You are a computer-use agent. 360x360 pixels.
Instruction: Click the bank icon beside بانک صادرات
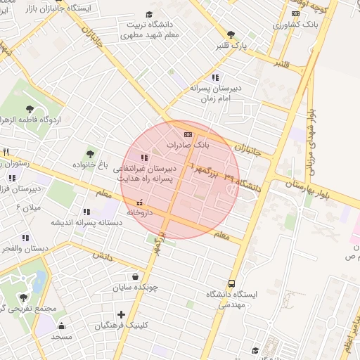(x=187, y=134)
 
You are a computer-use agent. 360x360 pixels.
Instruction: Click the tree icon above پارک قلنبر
(x=231, y=34)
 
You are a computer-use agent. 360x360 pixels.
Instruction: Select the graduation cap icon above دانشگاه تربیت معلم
(x=149, y=14)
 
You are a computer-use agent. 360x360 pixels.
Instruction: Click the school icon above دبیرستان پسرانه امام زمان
(x=215, y=77)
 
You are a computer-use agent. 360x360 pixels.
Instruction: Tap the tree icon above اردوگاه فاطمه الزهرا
(x=30, y=108)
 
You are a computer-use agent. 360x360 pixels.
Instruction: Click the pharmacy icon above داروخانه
(x=139, y=203)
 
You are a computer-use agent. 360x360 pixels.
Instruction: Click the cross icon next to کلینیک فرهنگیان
(x=121, y=314)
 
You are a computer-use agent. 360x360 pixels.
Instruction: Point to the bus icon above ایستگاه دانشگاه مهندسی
(x=233, y=283)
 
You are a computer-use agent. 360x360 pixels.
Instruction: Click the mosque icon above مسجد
(x=61, y=326)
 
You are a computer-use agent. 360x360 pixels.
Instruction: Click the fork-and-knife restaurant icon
(x=6, y=152)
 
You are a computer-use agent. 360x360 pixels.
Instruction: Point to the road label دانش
(x=104, y=258)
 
